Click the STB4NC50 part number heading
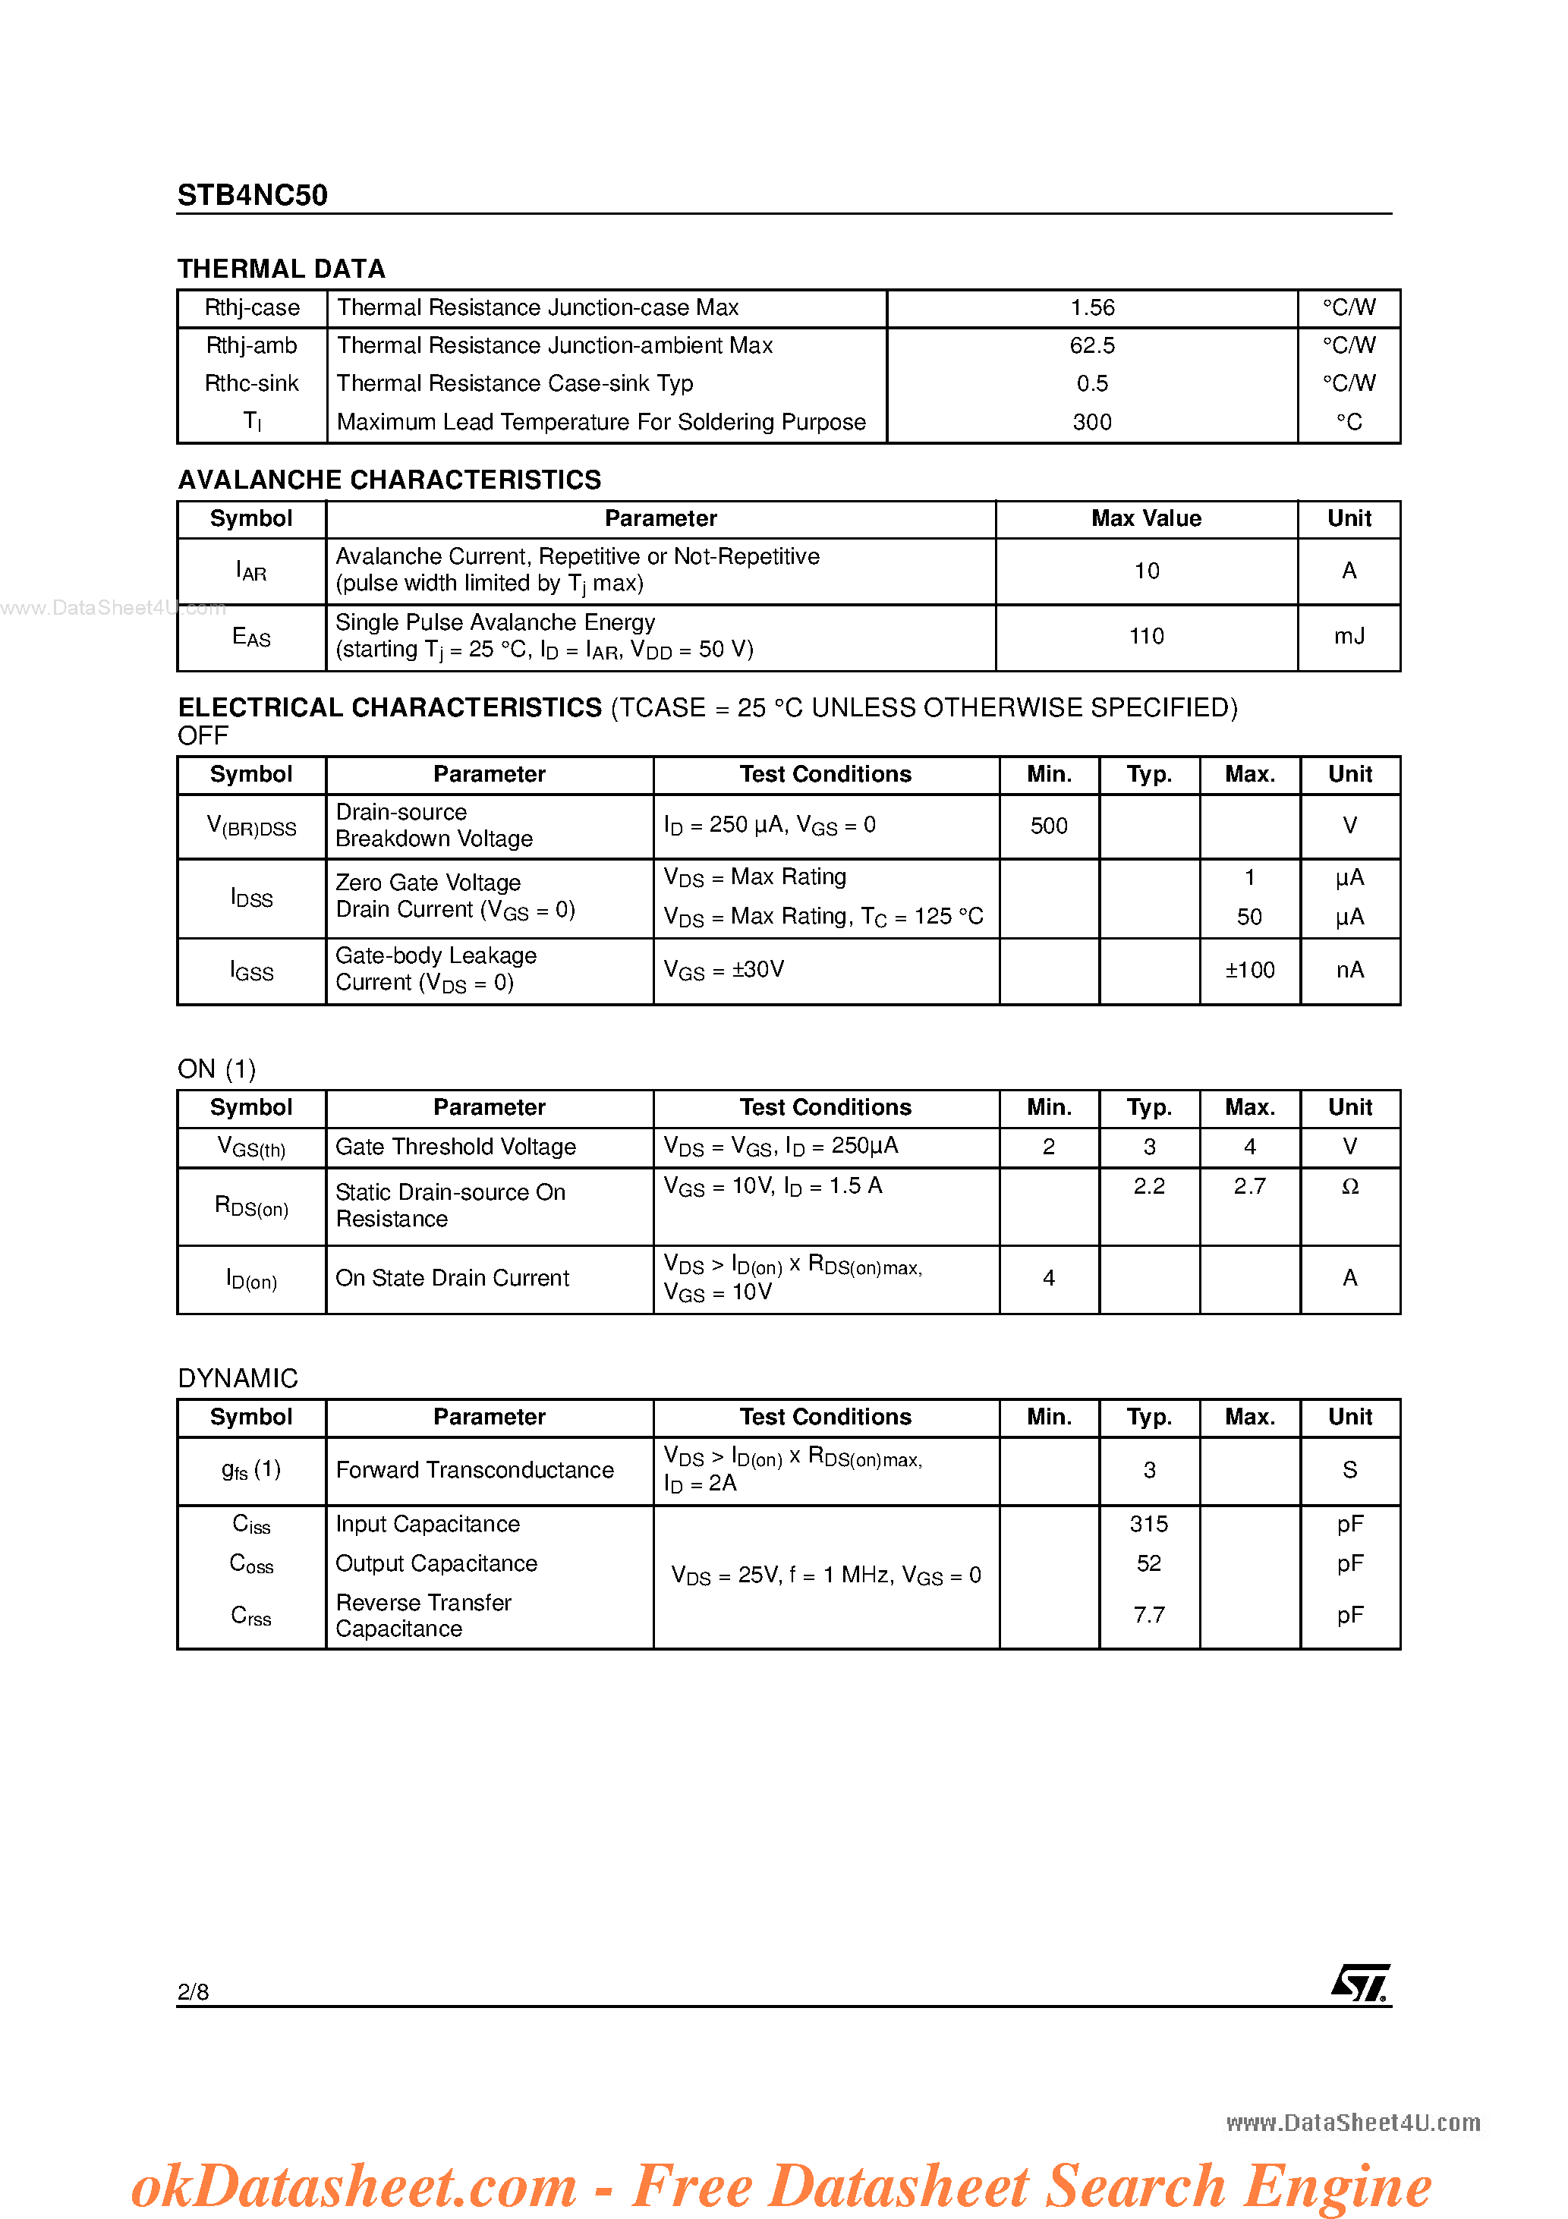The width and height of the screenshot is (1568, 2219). (252, 195)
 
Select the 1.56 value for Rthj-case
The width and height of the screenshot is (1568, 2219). (1091, 307)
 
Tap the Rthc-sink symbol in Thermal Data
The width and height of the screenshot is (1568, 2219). (251, 384)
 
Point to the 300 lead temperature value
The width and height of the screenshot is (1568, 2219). (1091, 423)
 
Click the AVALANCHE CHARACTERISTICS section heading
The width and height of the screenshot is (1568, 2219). (389, 480)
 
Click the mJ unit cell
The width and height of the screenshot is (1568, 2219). (1349, 636)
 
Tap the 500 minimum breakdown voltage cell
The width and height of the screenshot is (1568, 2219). (1048, 826)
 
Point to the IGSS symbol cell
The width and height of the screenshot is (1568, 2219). (251, 971)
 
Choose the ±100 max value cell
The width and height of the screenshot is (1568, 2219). (1249, 971)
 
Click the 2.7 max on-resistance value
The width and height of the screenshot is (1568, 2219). (1249, 1186)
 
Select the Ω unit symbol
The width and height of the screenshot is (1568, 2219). (1349, 1187)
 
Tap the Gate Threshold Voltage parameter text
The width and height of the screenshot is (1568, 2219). (455, 1147)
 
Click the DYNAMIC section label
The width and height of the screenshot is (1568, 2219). (238, 1378)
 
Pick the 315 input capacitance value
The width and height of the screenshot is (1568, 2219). (1148, 1524)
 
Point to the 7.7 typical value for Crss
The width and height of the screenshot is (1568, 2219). (1148, 1615)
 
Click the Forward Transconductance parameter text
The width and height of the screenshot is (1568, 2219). (474, 1470)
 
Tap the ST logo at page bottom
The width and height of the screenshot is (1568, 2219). (1360, 1982)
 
